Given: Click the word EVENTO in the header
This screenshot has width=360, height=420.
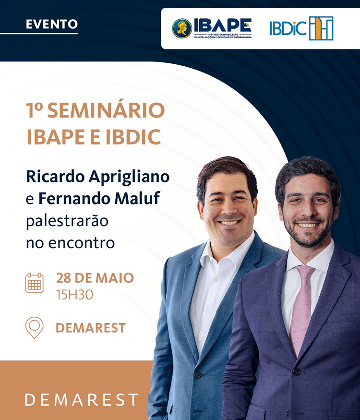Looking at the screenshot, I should (51, 24).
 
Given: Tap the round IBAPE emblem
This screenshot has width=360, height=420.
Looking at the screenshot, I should (182, 28).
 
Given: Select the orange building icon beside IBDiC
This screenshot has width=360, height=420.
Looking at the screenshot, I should (321, 28).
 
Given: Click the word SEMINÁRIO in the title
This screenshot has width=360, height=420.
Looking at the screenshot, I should (106, 111).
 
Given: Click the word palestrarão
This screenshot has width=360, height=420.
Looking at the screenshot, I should (67, 221).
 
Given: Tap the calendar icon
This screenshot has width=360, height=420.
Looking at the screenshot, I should (35, 283).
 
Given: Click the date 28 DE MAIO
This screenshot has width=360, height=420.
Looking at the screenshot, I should (95, 277).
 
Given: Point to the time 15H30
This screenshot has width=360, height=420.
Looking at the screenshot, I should (74, 294).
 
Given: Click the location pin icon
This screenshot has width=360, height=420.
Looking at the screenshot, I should (35, 327).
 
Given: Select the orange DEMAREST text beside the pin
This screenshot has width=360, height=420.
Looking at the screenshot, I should (91, 328).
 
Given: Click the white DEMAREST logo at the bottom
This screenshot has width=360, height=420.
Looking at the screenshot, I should (82, 399).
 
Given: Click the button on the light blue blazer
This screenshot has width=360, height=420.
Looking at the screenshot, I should (197, 374).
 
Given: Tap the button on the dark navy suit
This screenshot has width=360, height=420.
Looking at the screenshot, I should (297, 372).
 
